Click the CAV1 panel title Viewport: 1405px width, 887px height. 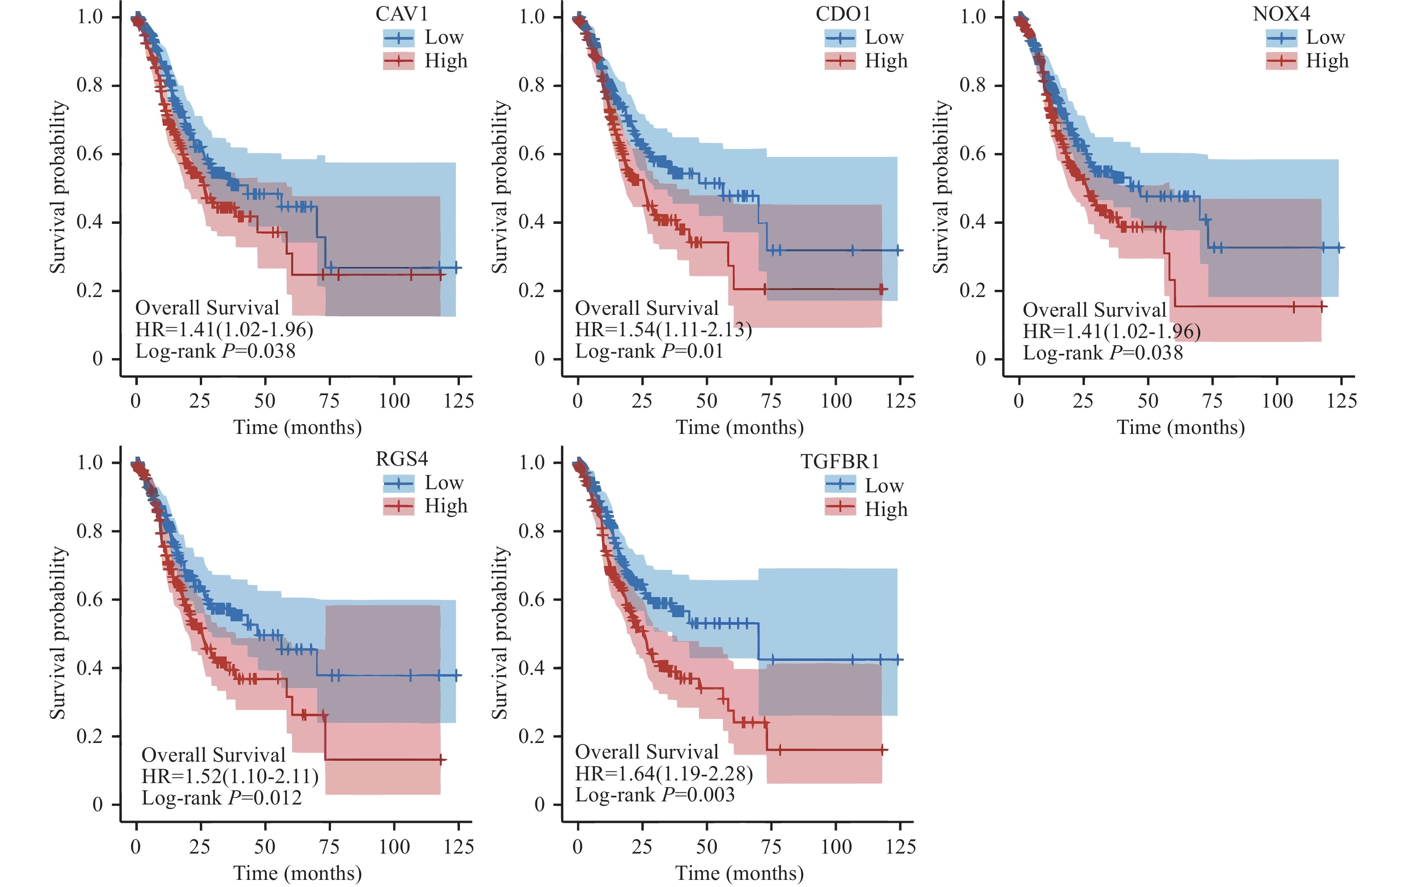401,14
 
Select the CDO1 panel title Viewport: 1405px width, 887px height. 843,14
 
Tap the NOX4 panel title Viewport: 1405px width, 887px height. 1281,14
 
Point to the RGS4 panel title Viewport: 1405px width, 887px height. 401,459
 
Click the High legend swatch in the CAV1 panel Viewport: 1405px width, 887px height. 398,61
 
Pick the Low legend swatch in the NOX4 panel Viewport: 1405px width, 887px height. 1281,38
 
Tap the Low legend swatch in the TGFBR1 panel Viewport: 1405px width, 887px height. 840,484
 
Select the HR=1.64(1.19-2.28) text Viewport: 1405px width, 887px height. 664,774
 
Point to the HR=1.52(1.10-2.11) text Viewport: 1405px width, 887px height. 230,776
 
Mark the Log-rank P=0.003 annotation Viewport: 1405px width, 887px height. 655,795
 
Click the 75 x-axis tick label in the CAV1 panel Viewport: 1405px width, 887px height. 329,401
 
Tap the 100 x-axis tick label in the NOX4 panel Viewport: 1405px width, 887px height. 1277,401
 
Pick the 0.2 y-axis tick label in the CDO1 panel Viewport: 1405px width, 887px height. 532,290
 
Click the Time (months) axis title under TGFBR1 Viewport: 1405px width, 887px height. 739,873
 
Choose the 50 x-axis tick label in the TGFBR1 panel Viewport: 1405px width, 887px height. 706,847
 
